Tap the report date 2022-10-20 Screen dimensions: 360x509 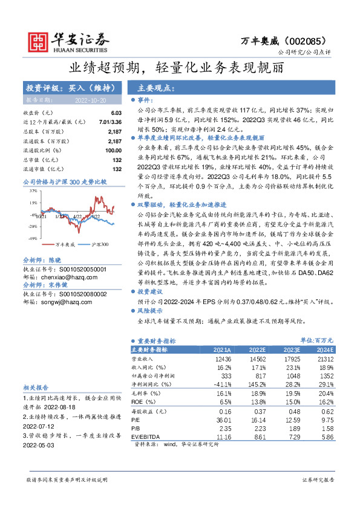[x=91, y=99]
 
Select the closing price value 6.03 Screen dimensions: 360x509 [x=116, y=113]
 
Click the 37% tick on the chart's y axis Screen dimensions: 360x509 [x=32, y=190]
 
